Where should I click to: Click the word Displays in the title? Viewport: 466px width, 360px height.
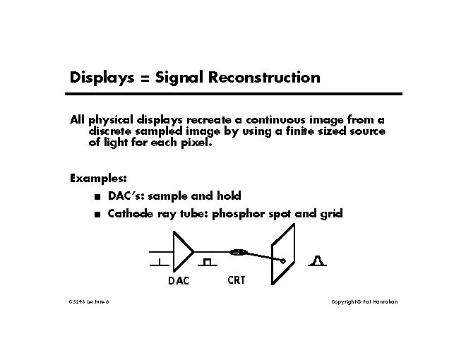tap(99, 78)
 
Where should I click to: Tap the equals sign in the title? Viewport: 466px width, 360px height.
tap(141, 78)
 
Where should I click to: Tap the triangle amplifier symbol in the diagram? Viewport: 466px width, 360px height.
tap(183, 251)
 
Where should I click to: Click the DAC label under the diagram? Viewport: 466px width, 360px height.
tap(179, 281)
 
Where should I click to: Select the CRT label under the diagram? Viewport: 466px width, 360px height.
tap(237, 280)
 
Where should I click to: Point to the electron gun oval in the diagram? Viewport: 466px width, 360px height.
tap(238, 251)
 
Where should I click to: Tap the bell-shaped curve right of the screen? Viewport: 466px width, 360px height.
tap(318, 261)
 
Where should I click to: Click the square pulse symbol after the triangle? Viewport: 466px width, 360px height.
tap(206, 263)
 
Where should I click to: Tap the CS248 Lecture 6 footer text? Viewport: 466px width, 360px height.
tap(89, 302)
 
